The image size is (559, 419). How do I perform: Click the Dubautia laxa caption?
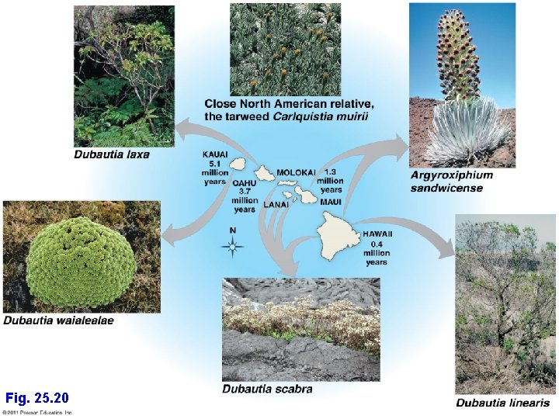[111, 154]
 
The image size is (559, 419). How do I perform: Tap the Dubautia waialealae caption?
[58, 320]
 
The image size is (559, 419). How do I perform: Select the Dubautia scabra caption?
[267, 389]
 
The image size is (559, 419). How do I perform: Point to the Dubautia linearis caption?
[502, 403]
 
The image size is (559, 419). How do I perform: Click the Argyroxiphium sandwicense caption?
[451, 182]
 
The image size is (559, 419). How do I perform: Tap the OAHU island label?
[245, 184]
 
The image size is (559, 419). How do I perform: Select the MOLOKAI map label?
[296, 171]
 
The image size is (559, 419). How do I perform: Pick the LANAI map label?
[276, 205]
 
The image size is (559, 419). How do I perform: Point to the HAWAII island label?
[377, 234]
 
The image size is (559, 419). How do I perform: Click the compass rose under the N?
[232, 248]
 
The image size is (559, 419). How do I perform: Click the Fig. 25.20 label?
[36, 398]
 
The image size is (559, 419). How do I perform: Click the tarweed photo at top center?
[285, 48]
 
